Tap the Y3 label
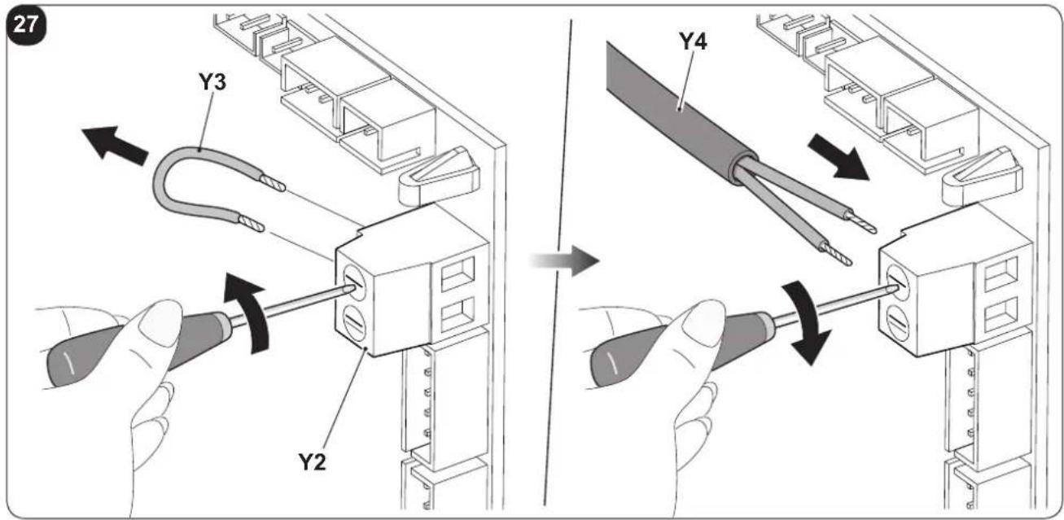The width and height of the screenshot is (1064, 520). pos(212,82)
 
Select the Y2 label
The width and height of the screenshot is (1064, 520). pos(312,461)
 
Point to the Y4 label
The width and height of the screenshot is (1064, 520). pos(694,42)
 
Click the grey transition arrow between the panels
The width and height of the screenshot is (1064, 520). pos(564,260)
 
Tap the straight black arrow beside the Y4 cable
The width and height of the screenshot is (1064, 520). pos(839,158)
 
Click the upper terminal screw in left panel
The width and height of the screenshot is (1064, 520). pos(354,283)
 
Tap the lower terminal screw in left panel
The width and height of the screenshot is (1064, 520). pos(354,322)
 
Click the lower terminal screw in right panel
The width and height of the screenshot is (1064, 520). pos(898,322)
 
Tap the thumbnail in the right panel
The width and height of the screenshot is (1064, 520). pos(703,323)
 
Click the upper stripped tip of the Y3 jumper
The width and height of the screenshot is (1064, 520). pos(273,182)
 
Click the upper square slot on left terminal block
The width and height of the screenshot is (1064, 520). pos(458,273)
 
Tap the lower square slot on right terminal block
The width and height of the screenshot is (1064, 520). pos(1002,314)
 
